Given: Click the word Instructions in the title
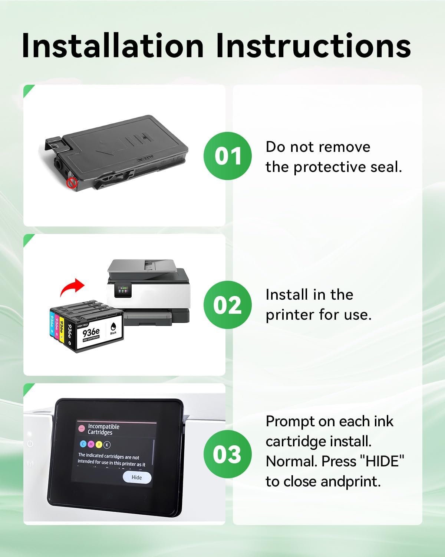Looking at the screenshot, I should pyautogui.click(x=313, y=46).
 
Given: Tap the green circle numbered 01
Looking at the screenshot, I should pyautogui.click(x=228, y=156).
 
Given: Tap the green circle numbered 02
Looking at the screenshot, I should pyautogui.click(x=228, y=305).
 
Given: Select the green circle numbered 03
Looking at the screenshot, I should pyautogui.click(x=228, y=454).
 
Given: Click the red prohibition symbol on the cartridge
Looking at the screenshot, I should pyautogui.click(x=72, y=183).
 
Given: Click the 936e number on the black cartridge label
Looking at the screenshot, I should pyautogui.click(x=91, y=331).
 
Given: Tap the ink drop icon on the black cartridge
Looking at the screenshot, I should pyautogui.click(x=113, y=326).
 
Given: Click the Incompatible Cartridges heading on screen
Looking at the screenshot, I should pyautogui.click(x=103, y=429).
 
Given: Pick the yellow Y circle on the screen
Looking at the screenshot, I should pyautogui.click(x=99, y=444).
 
